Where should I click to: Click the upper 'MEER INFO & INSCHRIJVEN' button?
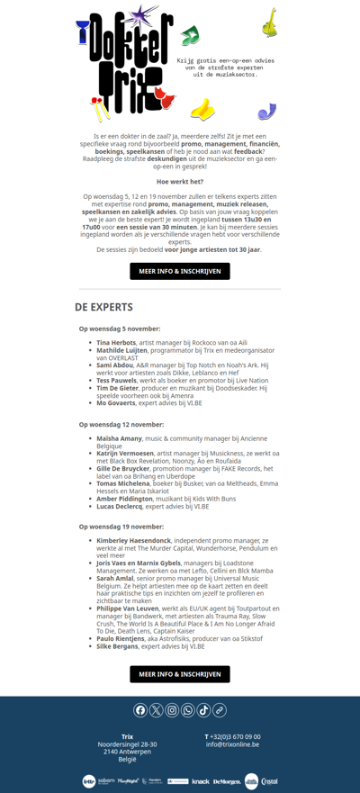180,271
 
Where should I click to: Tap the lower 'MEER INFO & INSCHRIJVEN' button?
180,674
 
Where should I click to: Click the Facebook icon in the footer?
140,710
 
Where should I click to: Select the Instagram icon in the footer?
172,710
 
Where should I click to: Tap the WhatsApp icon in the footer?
188,710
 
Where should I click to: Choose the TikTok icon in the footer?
203,710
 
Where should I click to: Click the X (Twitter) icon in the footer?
157,710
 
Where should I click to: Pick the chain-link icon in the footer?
220,710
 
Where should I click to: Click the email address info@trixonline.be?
232,744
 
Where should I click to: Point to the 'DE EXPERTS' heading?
104,307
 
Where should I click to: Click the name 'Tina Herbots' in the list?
116,343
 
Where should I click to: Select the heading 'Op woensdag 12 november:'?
121,424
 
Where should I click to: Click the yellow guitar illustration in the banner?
269,23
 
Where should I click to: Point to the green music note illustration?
189,36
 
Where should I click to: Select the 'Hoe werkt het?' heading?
180,182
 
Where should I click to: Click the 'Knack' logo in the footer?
201,781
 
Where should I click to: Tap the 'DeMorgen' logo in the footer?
227,781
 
